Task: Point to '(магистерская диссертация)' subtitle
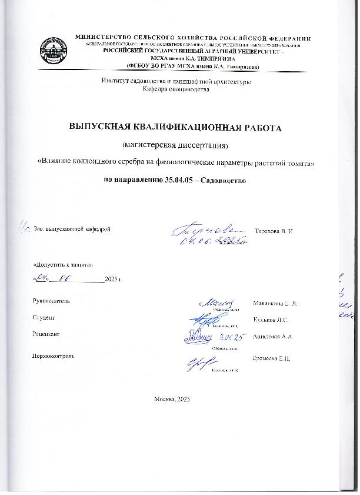click(176, 145)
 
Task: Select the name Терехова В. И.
click(274, 228)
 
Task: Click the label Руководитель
click(52, 301)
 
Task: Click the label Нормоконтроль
click(54, 356)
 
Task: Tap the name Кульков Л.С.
click(271, 320)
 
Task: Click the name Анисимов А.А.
click(272, 336)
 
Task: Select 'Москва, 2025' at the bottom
click(172, 399)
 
